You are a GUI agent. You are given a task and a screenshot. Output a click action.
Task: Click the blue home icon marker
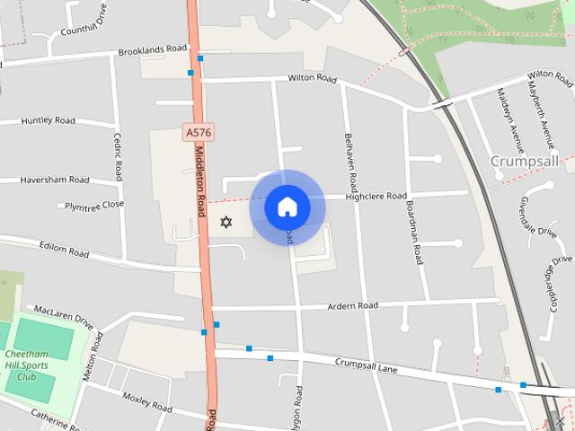click(287, 207)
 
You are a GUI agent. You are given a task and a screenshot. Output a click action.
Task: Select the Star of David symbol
click(226, 222)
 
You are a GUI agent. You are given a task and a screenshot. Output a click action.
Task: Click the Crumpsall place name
click(525, 161)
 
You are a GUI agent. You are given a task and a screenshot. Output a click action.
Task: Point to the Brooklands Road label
click(153, 48)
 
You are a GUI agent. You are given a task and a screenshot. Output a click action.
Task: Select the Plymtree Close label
click(94, 205)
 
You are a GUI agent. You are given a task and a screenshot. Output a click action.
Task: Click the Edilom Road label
click(64, 249)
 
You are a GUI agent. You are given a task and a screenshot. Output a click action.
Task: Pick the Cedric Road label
click(118, 156)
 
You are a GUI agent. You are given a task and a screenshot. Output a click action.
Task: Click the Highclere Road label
click(378, 196)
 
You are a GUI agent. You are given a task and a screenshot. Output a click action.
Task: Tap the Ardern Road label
click(353, 306)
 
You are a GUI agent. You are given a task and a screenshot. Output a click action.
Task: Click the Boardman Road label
click(414, 231)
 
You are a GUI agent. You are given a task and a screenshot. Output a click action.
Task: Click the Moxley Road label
click(146, 401)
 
